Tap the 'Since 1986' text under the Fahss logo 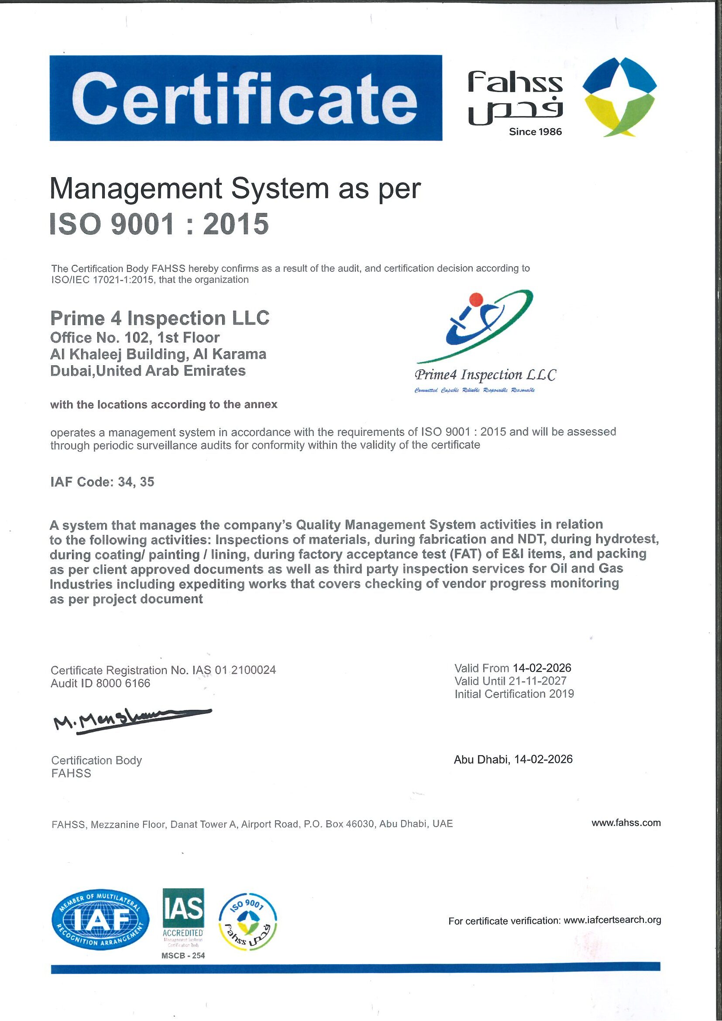click(535, 132)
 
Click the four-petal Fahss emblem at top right click(620, 97)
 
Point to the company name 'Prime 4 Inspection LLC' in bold click(160, 319)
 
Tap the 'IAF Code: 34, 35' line click(102, 482)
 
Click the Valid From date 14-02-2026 click(541, 668)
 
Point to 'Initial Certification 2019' click(514, 694)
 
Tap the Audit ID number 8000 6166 click(123, 683)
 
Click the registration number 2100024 click(254, 670)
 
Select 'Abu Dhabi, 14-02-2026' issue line click(513, 759)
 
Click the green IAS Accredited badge click(183, 915)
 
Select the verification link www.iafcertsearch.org click(612, 920)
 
